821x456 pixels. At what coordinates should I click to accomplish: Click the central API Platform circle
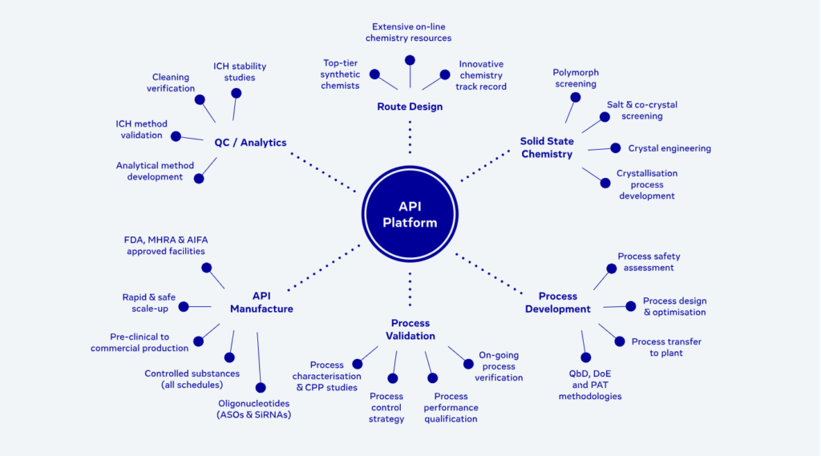pos(410,215)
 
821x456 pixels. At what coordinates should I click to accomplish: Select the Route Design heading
pos(410,107)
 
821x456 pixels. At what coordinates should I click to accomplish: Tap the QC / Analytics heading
pos(250,143)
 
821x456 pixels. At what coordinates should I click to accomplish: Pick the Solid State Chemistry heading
pos(547,147)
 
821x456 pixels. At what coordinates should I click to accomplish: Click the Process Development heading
pos(558,302)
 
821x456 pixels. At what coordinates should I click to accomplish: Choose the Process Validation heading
pos(410,329)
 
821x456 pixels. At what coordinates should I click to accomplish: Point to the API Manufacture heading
pos(261,302)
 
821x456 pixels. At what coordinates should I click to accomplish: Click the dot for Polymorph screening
pos(576,97)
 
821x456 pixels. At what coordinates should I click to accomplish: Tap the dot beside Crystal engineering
pos(616,147)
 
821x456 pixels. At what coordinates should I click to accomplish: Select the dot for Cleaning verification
pos(200,100)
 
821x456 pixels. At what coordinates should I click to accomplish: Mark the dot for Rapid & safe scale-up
pos(184,306)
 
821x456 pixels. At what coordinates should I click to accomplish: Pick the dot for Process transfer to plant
pos(620,341)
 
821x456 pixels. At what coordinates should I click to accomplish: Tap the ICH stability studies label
pos(240,72)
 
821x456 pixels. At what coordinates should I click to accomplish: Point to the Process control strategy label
pos(386,407)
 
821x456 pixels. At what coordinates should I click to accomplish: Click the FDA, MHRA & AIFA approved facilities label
pos(166,245)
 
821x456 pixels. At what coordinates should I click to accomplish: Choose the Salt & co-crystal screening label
pos(642,111)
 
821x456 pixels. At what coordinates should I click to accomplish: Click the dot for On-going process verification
pos(468,364)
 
